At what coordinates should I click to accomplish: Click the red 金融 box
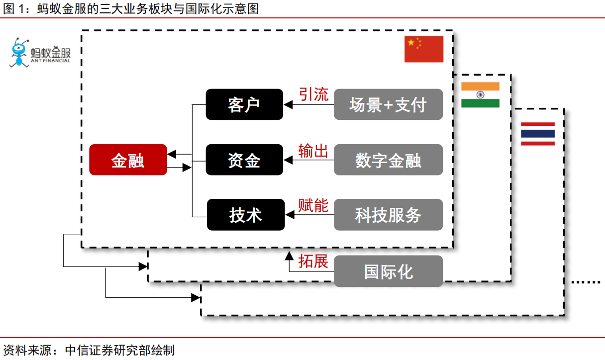click(x=128, y=160)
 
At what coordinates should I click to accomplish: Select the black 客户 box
click(x=244, y=104)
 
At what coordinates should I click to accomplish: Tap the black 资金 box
click(x=244, y=160)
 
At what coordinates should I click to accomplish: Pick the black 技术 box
click(x=246, y=215)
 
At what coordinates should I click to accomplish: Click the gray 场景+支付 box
click(x=388, y=104)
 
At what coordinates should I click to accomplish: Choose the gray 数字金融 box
click(x=388, y=160)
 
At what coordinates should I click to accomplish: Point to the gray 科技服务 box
click(x=388, y=215)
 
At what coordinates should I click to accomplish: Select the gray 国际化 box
click(x=388, y=271)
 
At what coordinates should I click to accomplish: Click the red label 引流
click(x=313, y=94)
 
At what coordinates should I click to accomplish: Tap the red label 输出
click(x=313, y=150)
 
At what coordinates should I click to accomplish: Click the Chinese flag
click(x=423, y=49)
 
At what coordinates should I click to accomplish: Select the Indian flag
click(x=480, y=94)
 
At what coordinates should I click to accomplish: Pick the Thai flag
click(x=538, y=133)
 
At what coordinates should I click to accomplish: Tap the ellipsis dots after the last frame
click(x=586, y=282)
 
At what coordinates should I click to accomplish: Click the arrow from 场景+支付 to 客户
click(x=308, y=105)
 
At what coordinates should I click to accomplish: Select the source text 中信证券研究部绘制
click(x=120, y=350)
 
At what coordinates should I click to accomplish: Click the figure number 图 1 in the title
click(x=15, y=8)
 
